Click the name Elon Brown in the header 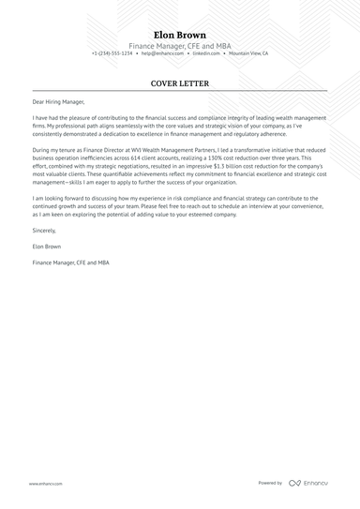pyautogui.click(x=180, y=35)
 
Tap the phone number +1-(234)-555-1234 pyautogui.click(x=112, y=54)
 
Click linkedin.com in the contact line pyautogui.click(x=206, y=54)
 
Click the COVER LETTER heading pyautogui.click(x=180, y=83)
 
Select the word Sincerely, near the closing pyautogui.click(x=44, y=230)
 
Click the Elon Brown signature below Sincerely pyautogui.click(x=48, y=247)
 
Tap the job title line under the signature pyautogui.click(x=70, y=263)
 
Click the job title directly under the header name pyautogui.click(x=180, y=46)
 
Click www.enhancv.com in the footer pyautogui.click(x=45, y=484)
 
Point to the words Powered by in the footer pyautogui.click(x=270, y=484)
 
